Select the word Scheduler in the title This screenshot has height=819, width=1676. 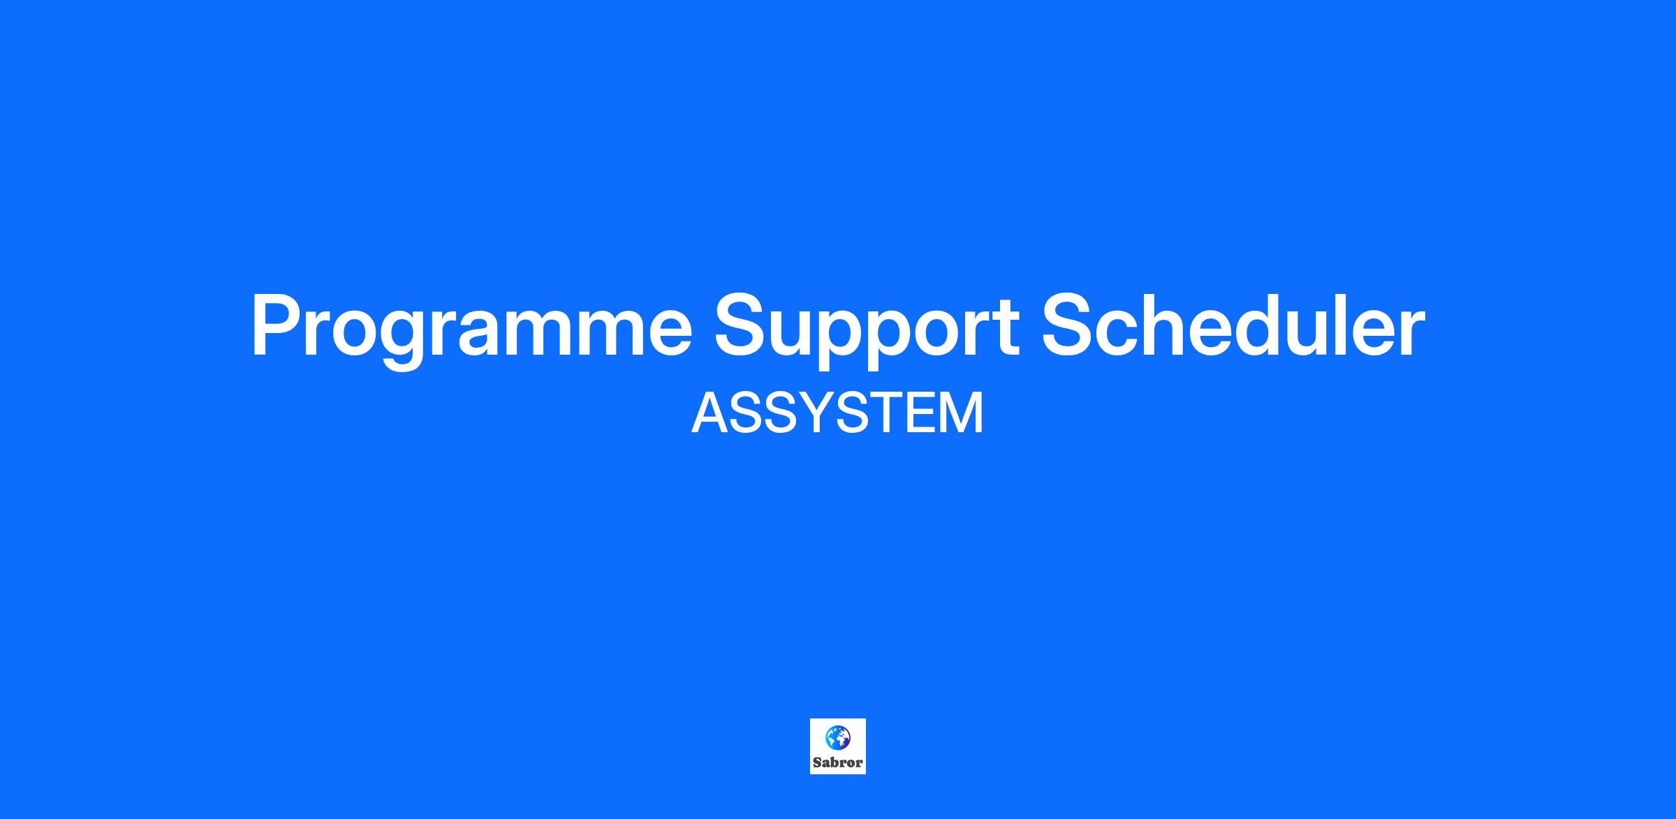coord(1233,324)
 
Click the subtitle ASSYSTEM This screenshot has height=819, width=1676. coord(837,413)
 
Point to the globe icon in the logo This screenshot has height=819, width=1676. coord(837,737)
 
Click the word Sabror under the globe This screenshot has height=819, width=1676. coord(837,763)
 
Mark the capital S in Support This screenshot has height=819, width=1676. coord(742,325)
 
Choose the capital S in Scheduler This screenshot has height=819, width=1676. coord(1069,325)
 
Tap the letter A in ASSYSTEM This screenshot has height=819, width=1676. coord(710,413)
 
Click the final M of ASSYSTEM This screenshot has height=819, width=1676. coord(963,413)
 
